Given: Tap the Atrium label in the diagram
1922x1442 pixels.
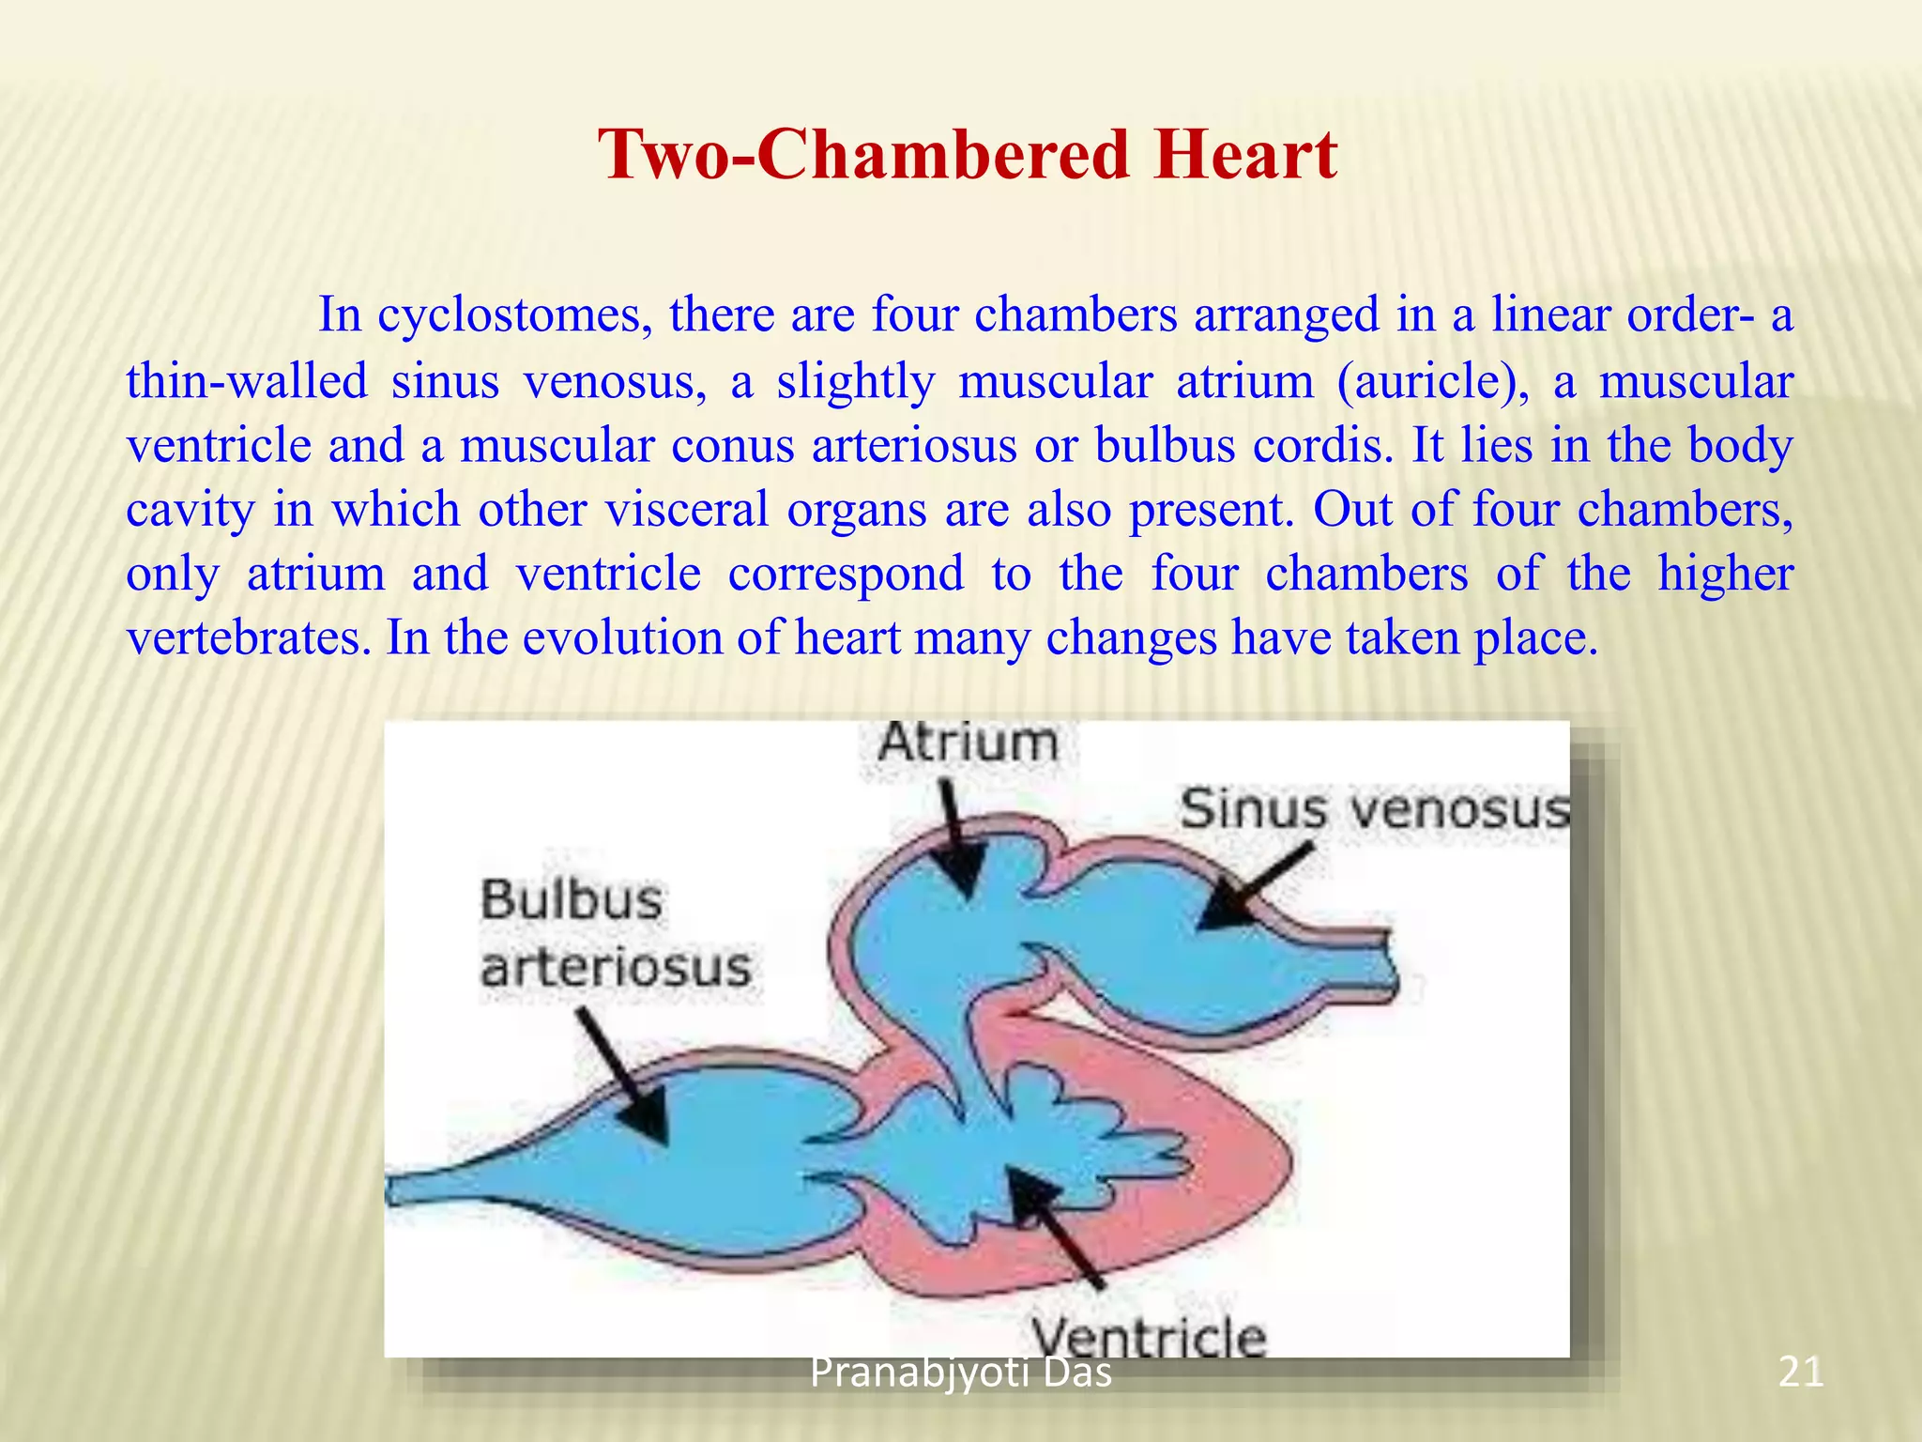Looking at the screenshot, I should pos(968,744).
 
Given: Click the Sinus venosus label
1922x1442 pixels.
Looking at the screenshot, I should pos(1374,809).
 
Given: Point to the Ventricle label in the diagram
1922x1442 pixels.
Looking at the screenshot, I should pos(1149,1335).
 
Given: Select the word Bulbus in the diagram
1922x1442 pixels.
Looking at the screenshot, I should pos(572,900).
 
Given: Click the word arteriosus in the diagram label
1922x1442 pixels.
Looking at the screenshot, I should pos(616,968).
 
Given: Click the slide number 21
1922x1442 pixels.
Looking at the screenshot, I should pos(1800,1373).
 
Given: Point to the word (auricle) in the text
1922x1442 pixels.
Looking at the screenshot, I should pos(1433,382).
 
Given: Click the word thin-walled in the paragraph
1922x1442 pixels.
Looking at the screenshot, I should pos(247,382).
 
